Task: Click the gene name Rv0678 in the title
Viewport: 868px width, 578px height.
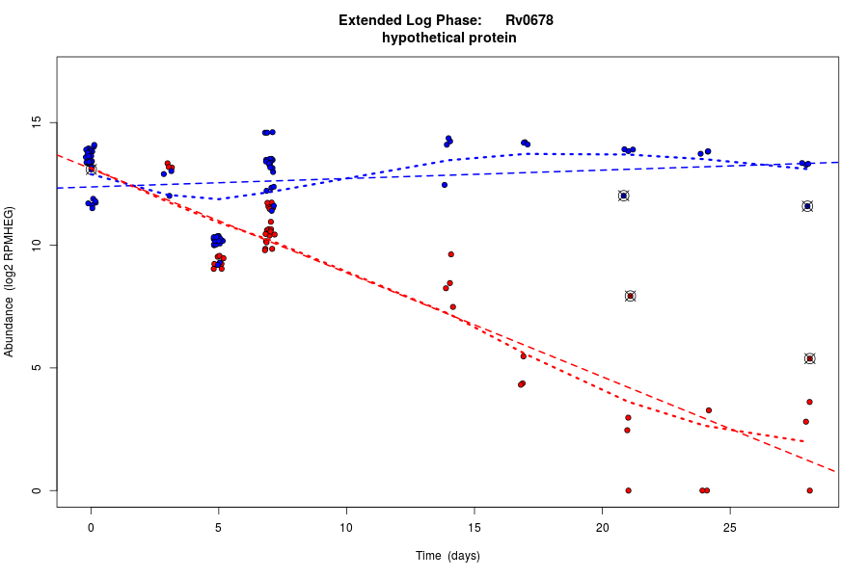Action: tap(529, 20)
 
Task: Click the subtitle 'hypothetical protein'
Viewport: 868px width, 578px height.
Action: tap(449, 39)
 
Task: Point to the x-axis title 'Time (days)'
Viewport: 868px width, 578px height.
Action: tap(448, 556)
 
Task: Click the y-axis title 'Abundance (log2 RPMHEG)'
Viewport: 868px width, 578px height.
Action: tap(10, 281)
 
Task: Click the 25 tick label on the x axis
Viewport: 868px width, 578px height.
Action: tap(730, 526)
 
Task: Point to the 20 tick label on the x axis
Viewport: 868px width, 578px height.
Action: tap(602, 526)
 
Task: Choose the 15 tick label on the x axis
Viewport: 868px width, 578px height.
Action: tap(475, 526)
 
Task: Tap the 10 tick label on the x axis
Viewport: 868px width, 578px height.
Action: tap(346, 526)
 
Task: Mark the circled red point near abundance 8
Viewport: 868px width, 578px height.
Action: tap(631, 296)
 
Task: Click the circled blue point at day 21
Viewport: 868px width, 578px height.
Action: tap(624, 196)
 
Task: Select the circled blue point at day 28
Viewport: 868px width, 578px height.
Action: tap(807, 206)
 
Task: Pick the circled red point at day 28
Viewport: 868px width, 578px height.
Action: tap(810, 358)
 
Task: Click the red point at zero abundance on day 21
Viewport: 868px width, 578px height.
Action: tap(628, 490)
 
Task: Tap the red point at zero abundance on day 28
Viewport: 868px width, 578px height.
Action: tap(809, 490)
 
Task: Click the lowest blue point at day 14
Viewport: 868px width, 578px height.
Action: tap(445, 184)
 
